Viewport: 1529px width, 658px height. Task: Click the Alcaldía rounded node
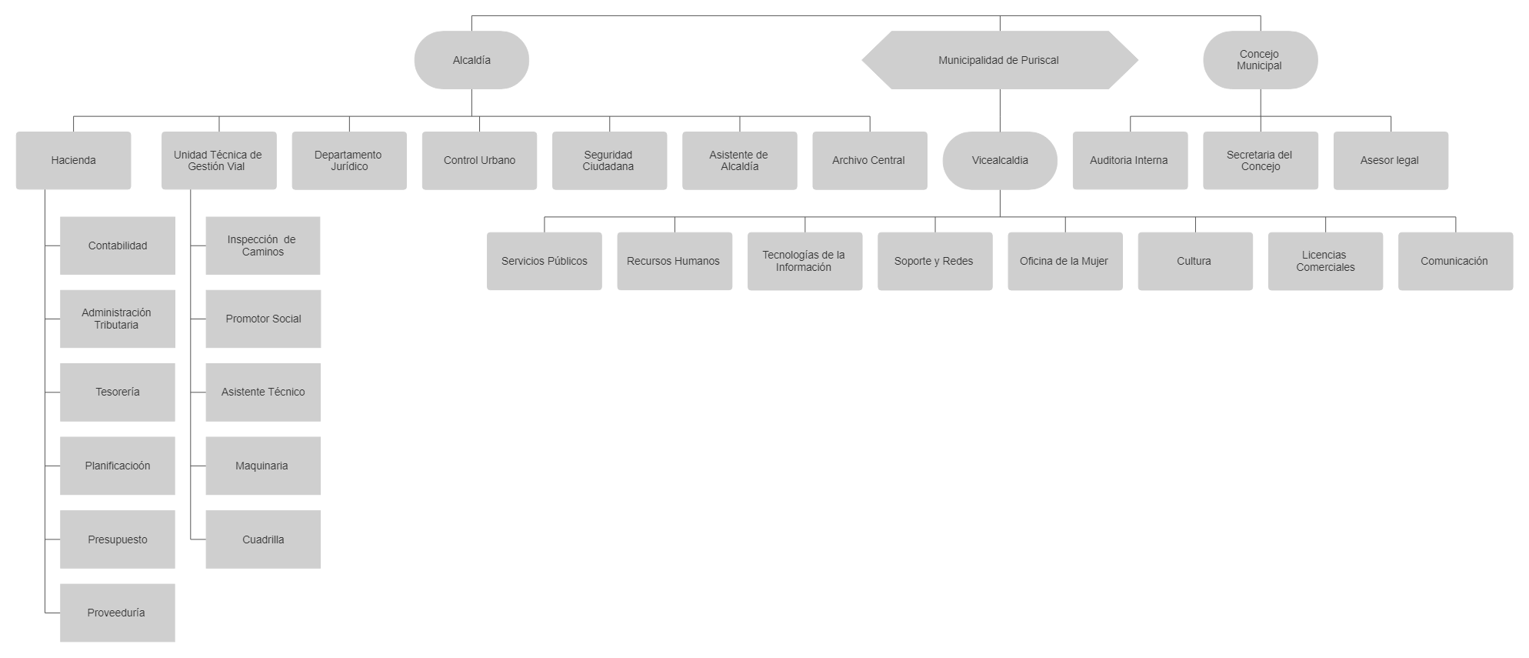coord(471,60)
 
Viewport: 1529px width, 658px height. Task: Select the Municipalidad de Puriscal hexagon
coord(1000,60)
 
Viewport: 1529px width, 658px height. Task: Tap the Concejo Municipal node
coord(1260,60)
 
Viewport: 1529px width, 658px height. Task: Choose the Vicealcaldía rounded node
coord(1000,160)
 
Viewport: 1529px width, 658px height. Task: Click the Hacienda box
coord(74,160)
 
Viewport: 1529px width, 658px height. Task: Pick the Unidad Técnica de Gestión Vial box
coord(219,160)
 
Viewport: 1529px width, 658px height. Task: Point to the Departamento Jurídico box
coord(349,160)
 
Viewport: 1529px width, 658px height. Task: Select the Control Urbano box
coord(479,160)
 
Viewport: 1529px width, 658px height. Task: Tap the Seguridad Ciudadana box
coord(609,160)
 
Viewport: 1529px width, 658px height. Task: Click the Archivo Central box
coord(870,160)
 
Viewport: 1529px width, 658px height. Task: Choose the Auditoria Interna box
coord(1130,160)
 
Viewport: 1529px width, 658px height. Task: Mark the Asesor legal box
coord(1391,160)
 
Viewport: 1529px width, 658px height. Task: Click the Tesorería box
coord(118,392)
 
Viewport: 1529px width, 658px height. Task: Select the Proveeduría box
coord(118,613)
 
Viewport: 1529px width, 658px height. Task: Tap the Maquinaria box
coord(263,466)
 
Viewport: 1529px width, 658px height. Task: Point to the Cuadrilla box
coord(263,539)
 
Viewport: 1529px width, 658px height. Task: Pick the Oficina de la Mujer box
coord(1065,261)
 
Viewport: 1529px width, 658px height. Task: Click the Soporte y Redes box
coord(935,261)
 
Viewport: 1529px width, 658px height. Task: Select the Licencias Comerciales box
coord(1325,261)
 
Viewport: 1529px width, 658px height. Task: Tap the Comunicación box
coord(1455,261)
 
